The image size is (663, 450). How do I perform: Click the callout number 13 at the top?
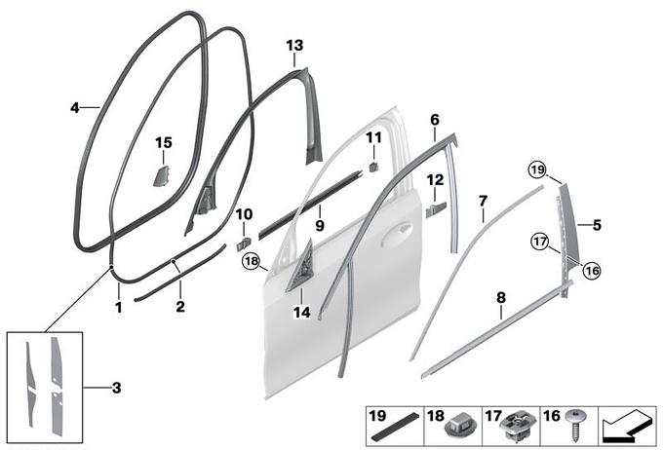294,45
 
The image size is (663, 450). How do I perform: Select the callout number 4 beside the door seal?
75,108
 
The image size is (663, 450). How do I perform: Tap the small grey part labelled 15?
161,175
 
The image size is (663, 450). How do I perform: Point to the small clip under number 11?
373,167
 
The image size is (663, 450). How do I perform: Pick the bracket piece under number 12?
436,209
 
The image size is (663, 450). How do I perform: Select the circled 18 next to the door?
252,261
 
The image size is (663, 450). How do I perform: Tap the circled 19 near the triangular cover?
537,170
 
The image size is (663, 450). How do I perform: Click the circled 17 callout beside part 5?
540,243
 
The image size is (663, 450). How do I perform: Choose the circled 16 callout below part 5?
592,271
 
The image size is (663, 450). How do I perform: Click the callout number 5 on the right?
597,225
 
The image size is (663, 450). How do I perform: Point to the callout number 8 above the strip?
501,298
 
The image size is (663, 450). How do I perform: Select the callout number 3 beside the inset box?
117,388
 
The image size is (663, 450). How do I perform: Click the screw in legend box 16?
575,425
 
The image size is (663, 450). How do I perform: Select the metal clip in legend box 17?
518,426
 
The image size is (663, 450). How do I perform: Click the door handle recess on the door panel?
396,236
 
